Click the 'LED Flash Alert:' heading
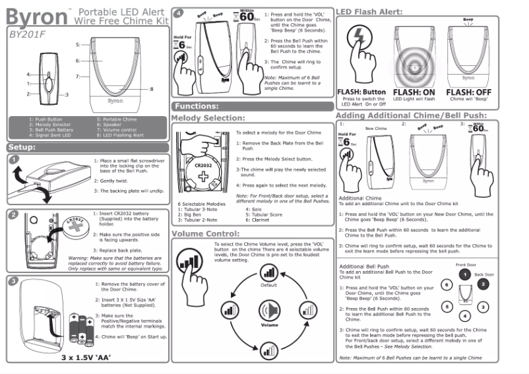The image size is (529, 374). point(369,11)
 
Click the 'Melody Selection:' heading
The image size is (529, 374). point(208,118)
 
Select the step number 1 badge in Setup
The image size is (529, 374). point(15,160)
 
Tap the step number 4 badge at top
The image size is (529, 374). point(178,13)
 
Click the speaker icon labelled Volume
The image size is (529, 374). point(268,309)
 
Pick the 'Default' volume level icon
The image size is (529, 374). point(268,271)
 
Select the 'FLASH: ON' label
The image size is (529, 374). point(415,92)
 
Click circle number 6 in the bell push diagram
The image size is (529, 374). point(447,284)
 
